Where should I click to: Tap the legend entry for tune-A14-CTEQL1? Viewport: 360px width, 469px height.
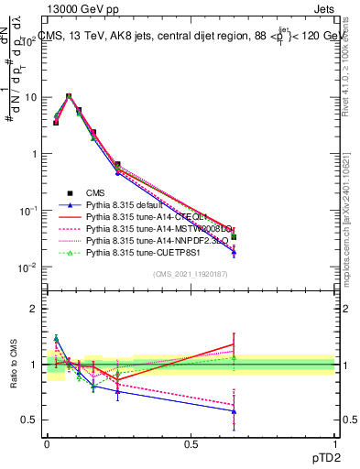click(147, 220)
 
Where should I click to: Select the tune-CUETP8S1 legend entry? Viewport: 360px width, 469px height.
click(142, 258)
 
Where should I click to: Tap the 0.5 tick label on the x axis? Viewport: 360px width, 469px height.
click(191, 443)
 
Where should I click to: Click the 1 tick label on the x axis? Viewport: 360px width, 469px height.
click(334, 443)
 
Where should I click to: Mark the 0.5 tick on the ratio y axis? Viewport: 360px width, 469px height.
click(30, 420)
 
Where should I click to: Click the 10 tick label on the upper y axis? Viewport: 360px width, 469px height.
click(30, 96)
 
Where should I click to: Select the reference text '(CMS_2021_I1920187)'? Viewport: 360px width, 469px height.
click(191, 275)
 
